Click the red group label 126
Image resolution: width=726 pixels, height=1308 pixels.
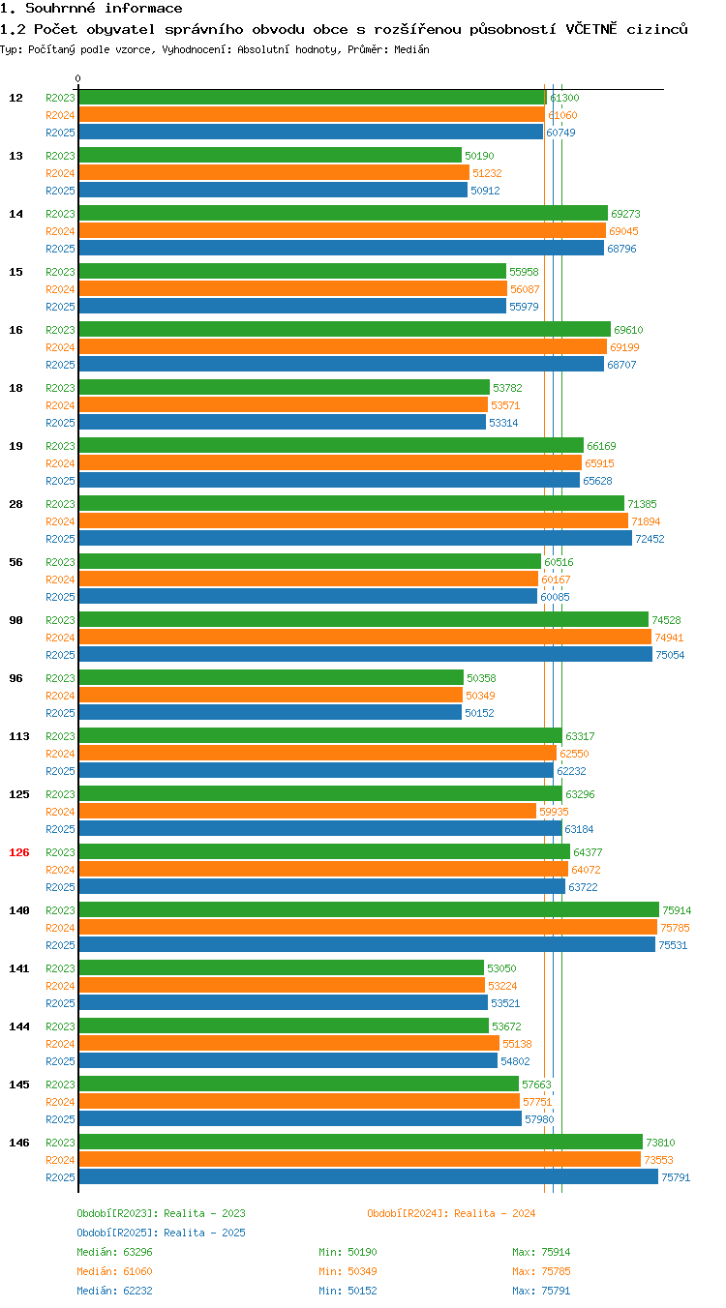(18, 852)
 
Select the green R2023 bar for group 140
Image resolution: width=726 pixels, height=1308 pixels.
(369, 909)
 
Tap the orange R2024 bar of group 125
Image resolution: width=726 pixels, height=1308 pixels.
(308, 811)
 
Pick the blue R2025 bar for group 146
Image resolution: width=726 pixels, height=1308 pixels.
(369, 1176)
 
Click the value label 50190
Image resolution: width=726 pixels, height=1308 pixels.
(479, 156)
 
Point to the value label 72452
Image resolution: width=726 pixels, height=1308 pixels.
(650, 539)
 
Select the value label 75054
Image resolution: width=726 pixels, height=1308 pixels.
(670, 655)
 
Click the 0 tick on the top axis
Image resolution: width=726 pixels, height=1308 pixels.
(77, 78)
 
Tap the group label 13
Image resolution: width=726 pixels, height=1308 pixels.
(15, 156)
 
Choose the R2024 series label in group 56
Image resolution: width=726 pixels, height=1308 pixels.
(60, 580)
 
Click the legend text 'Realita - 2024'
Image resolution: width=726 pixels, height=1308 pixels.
(495, 1213)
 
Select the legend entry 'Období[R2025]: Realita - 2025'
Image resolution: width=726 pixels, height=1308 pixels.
(162, 1233)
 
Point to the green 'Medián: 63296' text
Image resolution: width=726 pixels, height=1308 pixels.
(114, 1252)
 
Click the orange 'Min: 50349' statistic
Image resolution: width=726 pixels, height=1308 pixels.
(348, 1271)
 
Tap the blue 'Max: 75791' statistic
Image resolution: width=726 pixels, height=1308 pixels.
(541, 1291)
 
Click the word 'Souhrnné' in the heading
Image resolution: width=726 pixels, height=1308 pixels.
(60, 8)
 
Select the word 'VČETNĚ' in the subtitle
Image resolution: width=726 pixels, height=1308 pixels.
(591, 29)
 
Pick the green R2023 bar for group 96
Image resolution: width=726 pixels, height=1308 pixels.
(271, 677)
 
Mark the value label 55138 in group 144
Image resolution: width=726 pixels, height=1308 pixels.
(518, 1044)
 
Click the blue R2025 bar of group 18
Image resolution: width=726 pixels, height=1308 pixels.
(283, 422)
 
